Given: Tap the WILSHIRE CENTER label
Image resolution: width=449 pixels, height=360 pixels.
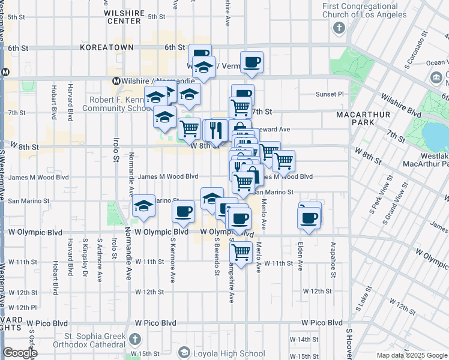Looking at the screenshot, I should point(124,16).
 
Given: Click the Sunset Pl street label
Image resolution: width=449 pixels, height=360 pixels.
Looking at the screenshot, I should point(330,94).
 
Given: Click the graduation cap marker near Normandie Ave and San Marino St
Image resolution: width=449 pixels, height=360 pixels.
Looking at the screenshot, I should point(143,206).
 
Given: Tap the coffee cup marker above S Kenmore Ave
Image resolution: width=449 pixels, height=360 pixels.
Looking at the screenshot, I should point(184,211).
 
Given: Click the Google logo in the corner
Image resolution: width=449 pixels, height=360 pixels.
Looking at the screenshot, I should point(20,353).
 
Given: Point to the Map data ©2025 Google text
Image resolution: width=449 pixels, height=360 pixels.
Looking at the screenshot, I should point(411,355).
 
